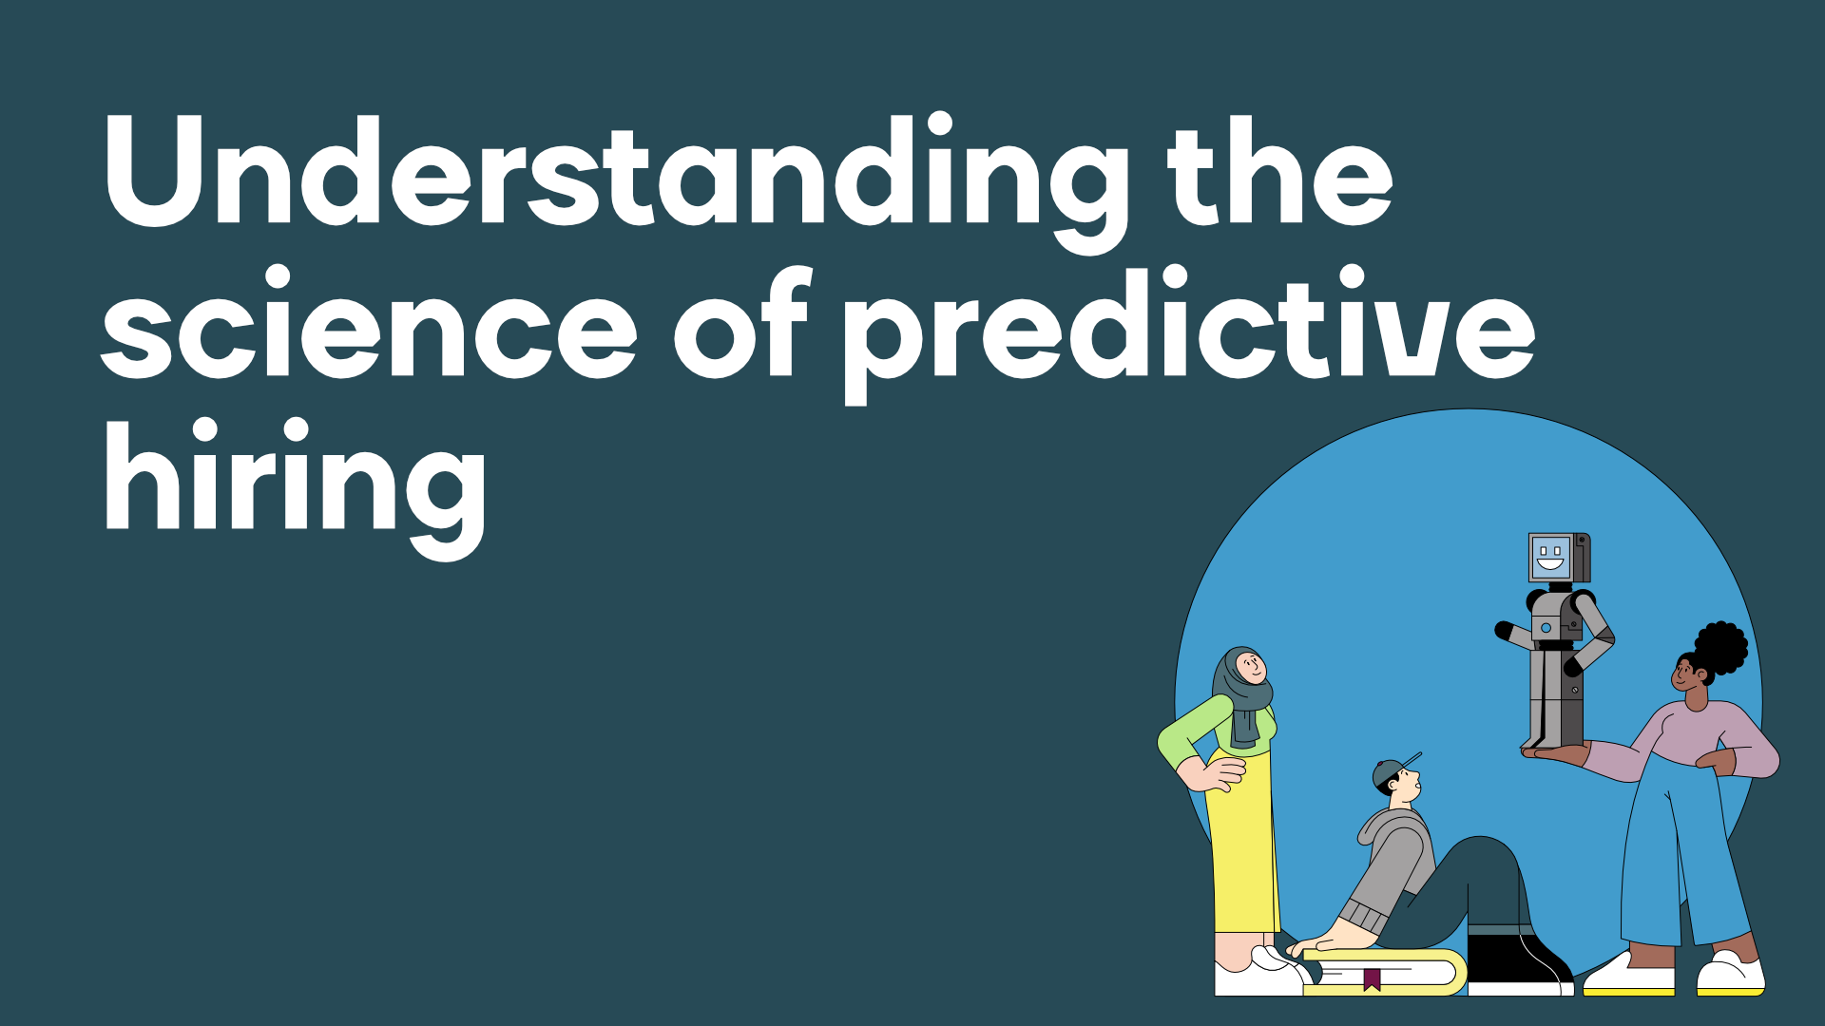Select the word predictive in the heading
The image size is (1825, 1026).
[1189, 332]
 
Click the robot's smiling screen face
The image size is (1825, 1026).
[1550, 558]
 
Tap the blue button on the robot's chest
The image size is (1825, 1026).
[1546, 628]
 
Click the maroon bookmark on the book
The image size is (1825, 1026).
[1372, 979]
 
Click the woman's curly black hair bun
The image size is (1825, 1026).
[1721, 648]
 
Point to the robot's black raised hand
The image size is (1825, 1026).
[1504, 630]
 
